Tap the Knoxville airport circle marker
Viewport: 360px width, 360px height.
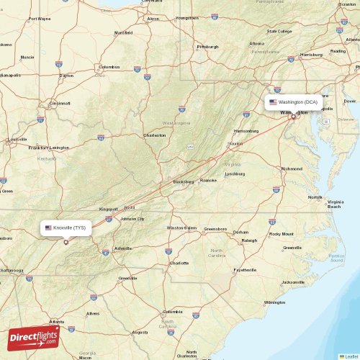[66, 242]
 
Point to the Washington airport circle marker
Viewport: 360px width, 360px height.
[293, 117]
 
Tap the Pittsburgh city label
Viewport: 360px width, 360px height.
[207, 47]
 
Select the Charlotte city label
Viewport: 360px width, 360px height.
[179, 263]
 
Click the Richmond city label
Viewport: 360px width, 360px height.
[292, 168]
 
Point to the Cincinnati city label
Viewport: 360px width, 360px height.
[60, 103]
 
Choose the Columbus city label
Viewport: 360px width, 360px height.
[109, 66]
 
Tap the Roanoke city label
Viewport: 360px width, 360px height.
[208, 180]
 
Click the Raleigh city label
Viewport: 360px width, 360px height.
[249, 240]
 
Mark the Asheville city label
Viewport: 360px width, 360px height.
[123, 248]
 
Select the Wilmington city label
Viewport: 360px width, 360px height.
[274, 302]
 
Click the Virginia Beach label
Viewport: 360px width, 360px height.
[335, 204]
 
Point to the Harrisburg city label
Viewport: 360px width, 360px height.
[312, 54]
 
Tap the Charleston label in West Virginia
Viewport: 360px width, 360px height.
[154, 135]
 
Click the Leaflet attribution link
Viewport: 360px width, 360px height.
[349, 356]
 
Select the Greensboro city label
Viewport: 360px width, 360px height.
[215, 229]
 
